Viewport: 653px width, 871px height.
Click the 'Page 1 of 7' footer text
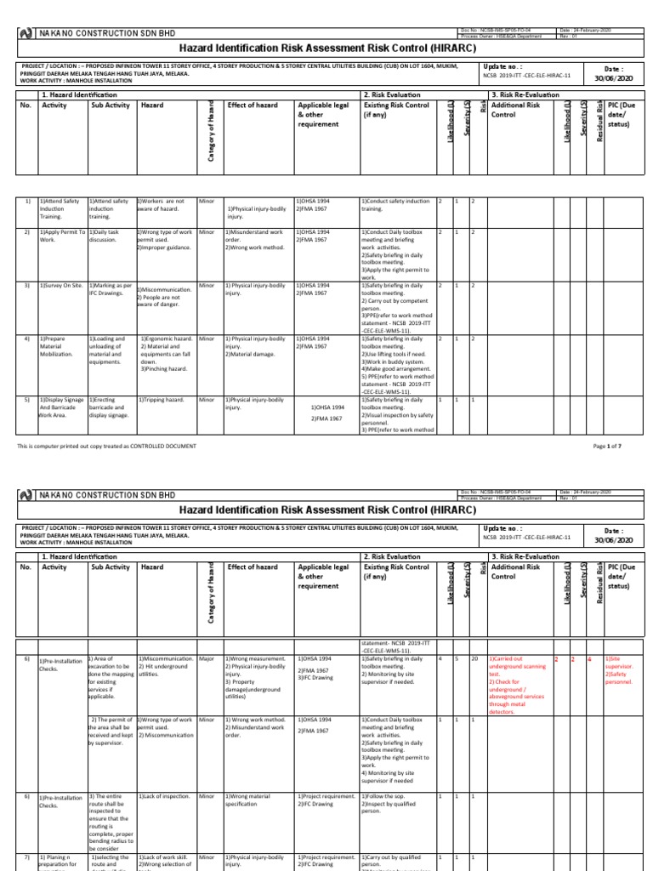(619, 446)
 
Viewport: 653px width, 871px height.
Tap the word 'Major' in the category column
(207, 659)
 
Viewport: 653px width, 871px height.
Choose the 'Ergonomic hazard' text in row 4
(167, 339)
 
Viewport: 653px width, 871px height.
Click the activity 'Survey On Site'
(60, 286)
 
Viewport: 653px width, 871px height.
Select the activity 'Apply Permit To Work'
(64, 236)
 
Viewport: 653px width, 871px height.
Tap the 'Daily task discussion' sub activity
(110, 236)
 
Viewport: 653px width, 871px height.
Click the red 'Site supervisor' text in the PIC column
(618, 663)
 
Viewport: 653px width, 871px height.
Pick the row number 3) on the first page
(28, 286)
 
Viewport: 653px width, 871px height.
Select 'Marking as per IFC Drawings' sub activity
(111, 289)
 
